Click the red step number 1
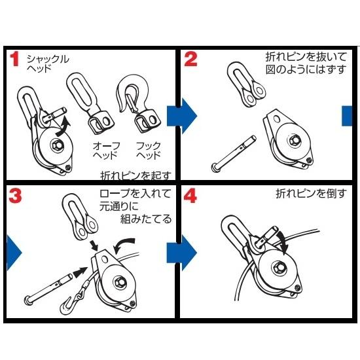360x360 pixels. tap(14, 59)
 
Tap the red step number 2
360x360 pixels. tap(190, 59)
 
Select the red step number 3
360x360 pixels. tap(16, 196)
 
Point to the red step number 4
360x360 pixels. tap(190, 196)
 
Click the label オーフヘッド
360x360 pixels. tap(106, 151)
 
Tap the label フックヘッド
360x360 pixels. tap(149, 151)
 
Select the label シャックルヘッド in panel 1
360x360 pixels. tap(48, 63)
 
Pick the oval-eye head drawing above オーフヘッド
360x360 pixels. tap(90, 103)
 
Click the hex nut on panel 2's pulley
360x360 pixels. tap(293, 140)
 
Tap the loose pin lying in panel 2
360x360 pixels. tap(234, 154)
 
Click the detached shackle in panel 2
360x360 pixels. tap(246, 84)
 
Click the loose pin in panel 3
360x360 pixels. tap(48, 288)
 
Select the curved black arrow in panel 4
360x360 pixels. tap(282, 241)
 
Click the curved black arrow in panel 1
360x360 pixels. tap(62, 127)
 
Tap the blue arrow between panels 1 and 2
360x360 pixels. tap(181, 116)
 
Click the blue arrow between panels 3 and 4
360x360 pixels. tap(181, 253)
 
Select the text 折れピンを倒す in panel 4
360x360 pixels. tap(311, 194)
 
